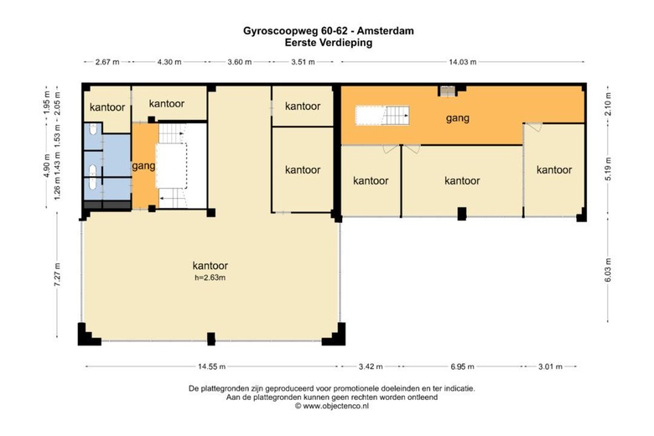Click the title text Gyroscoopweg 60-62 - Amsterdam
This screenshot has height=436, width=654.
[328, 31]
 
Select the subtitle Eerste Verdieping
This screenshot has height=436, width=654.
[328, 42]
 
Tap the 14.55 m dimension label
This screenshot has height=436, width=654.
[211, 366]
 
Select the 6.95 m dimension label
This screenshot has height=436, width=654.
[461, 366]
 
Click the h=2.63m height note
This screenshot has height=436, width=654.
[210, 277]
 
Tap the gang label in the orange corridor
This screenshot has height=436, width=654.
[457, 118]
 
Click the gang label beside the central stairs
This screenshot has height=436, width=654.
[143, 166]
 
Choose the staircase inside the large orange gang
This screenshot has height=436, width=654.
[382, 116]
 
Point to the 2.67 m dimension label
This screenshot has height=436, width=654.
[107, 62]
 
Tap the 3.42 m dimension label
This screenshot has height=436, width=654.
[370, 366]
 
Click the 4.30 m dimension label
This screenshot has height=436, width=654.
[169, 62]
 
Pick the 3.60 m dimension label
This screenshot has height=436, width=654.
[239, 62]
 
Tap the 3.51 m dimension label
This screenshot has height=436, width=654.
[304, 62]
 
